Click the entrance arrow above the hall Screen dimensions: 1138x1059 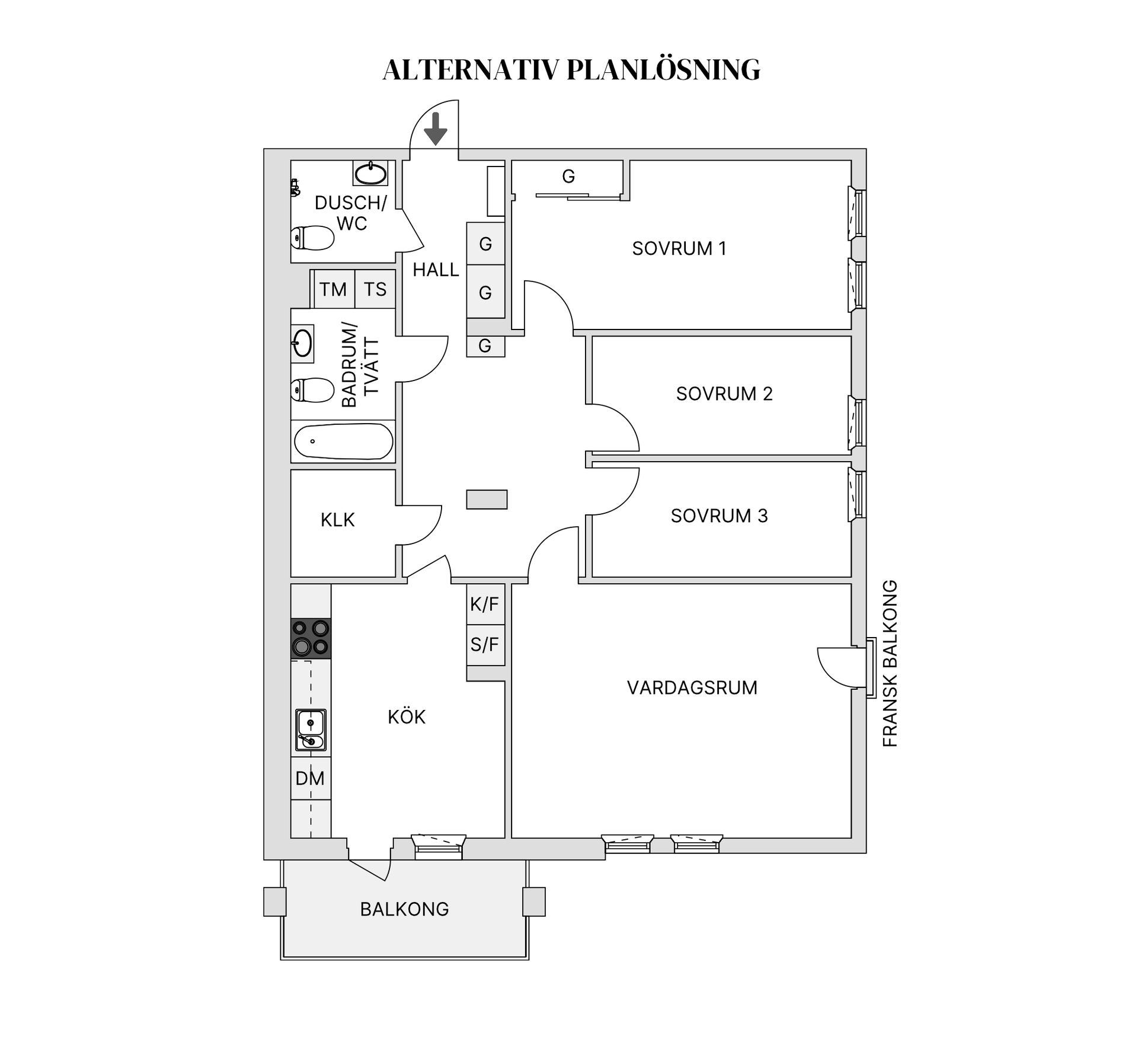click(436, 129)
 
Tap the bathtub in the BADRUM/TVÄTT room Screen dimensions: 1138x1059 click(344, 441)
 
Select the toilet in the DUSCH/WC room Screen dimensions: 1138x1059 click(312, 238)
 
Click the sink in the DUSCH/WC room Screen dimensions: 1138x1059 click(370, 173)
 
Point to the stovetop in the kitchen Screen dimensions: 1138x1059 click(311, 638)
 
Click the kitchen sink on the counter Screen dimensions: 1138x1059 click(311, 730)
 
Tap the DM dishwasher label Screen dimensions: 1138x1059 click(310, 778)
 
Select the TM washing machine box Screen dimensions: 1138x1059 click(334, 289)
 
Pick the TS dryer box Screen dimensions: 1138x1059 click(375, 289)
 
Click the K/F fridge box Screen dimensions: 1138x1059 click(485, 604)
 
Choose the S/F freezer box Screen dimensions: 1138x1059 click(485, 645)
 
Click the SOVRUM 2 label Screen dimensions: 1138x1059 click(724, 394)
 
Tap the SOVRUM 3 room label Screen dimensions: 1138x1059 click(719, 516)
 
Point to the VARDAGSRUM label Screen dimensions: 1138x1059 click(692, 688)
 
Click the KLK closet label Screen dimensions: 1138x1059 click(337, 520)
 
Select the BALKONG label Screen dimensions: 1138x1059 click(405, 909)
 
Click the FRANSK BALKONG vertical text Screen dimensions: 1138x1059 click(890, 663)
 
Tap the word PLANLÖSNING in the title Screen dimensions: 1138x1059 click(663, 70)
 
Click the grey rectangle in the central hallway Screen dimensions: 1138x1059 click(487, 500)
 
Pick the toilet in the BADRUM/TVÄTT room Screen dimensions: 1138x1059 click(312, 391)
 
